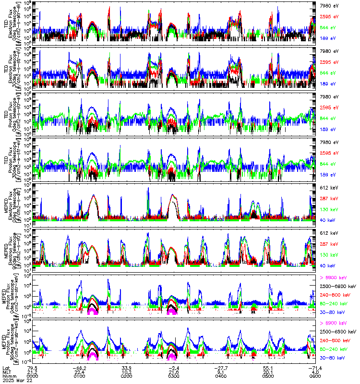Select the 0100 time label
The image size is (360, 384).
(x=80, y=375)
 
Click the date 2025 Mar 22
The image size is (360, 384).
(x=15, y=380)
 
